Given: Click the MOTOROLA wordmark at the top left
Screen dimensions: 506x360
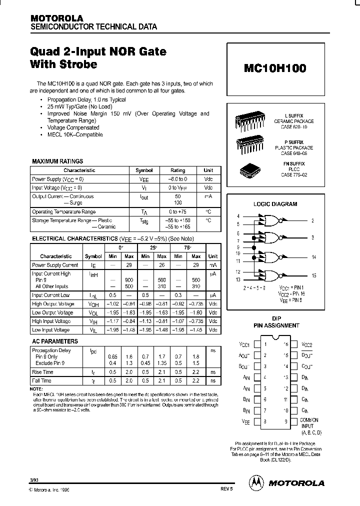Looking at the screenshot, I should tap(56, 17).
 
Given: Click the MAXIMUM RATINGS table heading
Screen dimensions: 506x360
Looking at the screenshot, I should tap(57, 161).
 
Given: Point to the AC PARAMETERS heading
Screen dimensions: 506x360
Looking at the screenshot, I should tap(55, 341).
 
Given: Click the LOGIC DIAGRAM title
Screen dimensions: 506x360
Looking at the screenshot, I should tap(275, 204).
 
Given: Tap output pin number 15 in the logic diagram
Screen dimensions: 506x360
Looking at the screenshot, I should tap(314, 276).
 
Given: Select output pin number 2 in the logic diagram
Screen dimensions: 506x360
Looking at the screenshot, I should tap(312, 220).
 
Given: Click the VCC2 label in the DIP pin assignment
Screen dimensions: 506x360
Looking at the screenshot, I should tap(306, 344).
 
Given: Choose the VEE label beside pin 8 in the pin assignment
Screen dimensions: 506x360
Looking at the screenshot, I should tap(244, 422).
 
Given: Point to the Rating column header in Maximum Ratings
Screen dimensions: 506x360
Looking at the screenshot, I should tap(177, 170).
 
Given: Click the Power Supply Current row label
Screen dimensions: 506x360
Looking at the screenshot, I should tap(55, 265).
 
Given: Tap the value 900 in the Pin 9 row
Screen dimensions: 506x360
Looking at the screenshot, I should tap(114, 280).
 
